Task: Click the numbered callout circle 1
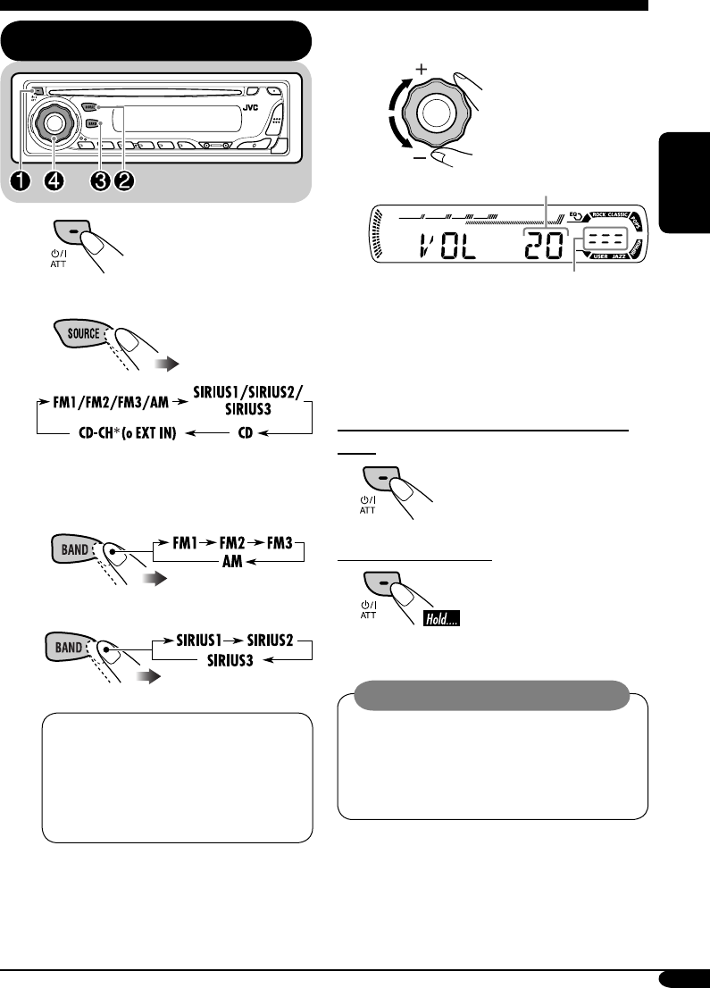(x=21, y=180)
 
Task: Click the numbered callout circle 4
(x=55, y=180)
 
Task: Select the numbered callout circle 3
(x=100, y=180)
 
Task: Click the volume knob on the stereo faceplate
(x=54, y=123)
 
